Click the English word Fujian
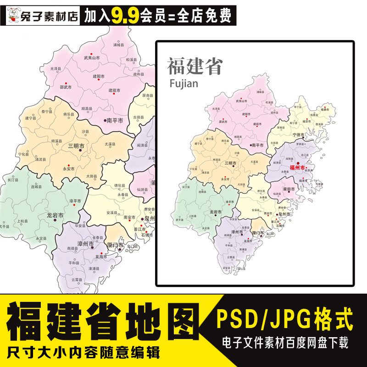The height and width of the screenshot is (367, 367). tap(183, 83)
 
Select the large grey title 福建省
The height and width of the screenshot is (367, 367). tap(195, 66)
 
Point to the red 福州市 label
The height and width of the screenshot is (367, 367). tap(296, 168)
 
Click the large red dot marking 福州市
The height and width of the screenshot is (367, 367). tap(298, 163)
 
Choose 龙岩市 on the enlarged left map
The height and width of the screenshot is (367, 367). tap(55, 215)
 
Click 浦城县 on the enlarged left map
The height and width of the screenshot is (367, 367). tap(118, 45)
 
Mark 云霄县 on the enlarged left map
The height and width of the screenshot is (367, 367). tap(76, 279)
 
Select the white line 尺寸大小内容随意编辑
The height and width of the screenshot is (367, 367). tap(84, 353)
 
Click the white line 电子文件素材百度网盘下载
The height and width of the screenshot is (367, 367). tap(284, 342)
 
